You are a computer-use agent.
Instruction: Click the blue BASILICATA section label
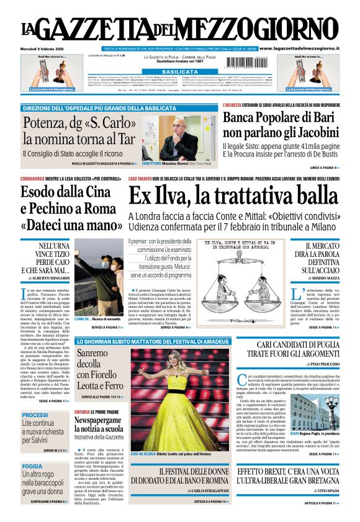pos(179,72)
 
